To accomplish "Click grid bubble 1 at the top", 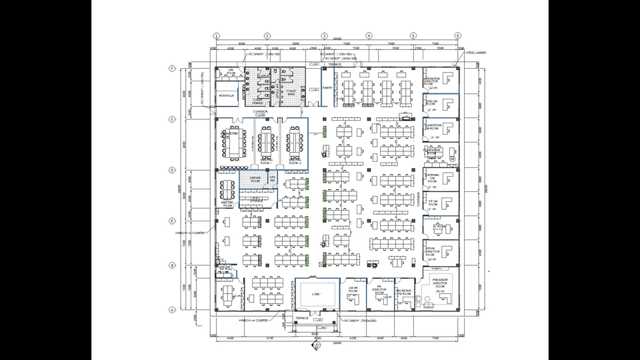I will [217, 35].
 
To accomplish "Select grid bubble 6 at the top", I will [457, 35].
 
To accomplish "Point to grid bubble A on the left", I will [172, 309].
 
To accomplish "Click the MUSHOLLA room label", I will [227, 96].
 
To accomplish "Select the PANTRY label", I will [327, 87].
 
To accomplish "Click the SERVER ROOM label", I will [255, 179].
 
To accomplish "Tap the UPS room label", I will [273, 178].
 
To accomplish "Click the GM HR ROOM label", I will [353, 290].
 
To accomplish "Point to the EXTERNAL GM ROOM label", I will [433, 177].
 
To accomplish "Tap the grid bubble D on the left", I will [172, 170].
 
